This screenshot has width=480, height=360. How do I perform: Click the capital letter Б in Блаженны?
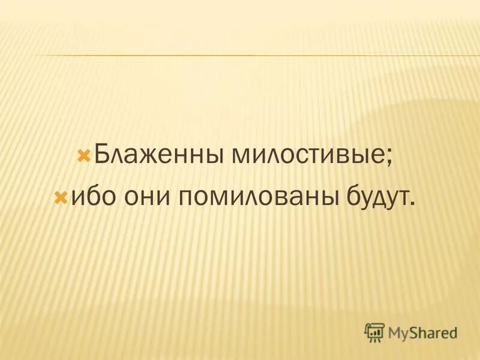tap(103, 158)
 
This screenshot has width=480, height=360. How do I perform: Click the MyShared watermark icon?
tap(374, 331)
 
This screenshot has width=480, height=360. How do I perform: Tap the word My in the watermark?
tap(398, 332)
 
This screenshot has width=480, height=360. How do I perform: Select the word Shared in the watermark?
tap(434, 331)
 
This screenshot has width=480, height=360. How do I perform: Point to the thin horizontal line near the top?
tap(240, 56)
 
